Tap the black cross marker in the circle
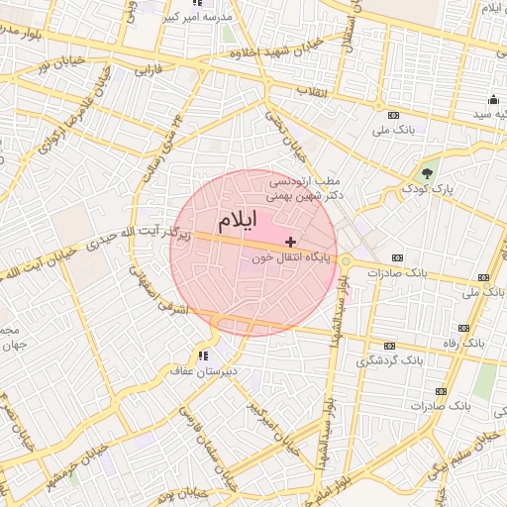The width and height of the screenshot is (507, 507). (x=290, y=242)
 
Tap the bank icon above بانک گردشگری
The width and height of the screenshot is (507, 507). (x=388, y=346)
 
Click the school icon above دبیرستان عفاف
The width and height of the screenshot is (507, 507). (x=203, y=355)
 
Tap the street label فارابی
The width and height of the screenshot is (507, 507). (x=147, y=71)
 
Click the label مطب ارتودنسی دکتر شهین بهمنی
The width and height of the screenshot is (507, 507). (x=306, y=188)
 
